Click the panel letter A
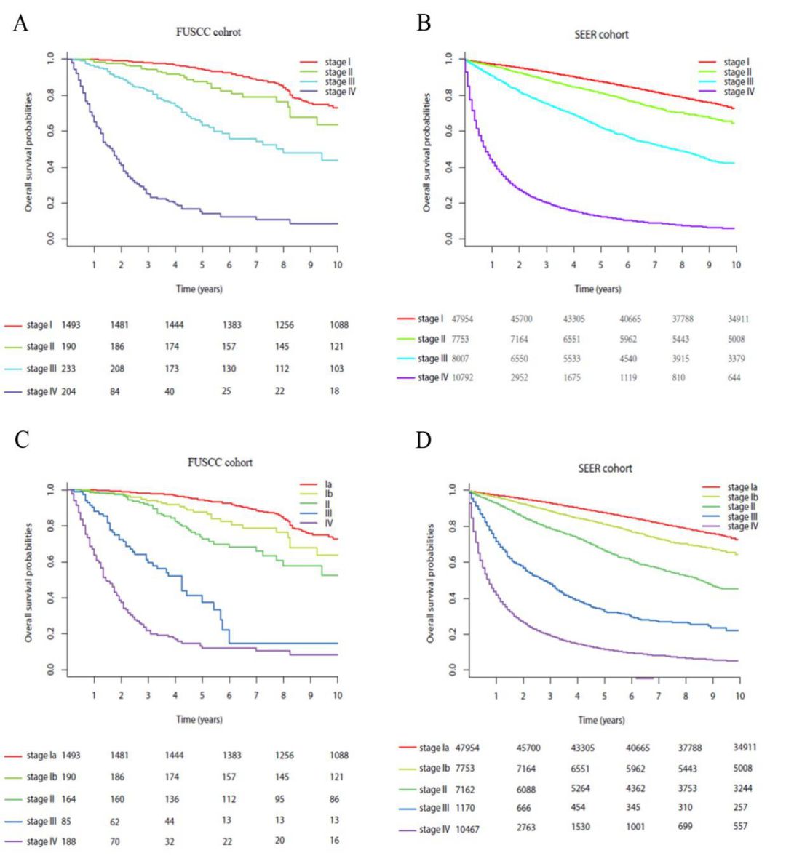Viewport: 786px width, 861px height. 20,23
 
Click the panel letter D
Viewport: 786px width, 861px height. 423,440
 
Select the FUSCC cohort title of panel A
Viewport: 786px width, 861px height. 208,32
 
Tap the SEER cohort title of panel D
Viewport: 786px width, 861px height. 605,468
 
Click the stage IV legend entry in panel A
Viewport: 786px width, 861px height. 340,92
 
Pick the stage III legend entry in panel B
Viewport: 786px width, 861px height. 739,82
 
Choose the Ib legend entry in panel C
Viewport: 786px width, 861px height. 329,494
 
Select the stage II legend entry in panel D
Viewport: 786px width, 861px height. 741,507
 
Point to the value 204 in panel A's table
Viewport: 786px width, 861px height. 69,391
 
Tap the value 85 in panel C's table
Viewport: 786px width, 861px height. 66,821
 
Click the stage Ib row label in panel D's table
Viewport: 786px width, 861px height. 434,768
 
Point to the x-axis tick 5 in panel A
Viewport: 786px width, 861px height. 202,265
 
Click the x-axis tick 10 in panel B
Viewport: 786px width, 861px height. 736,265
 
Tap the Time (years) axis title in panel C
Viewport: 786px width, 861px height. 199,719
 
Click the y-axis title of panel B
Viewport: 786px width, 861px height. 427,153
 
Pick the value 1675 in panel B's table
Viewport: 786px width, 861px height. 573,377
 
